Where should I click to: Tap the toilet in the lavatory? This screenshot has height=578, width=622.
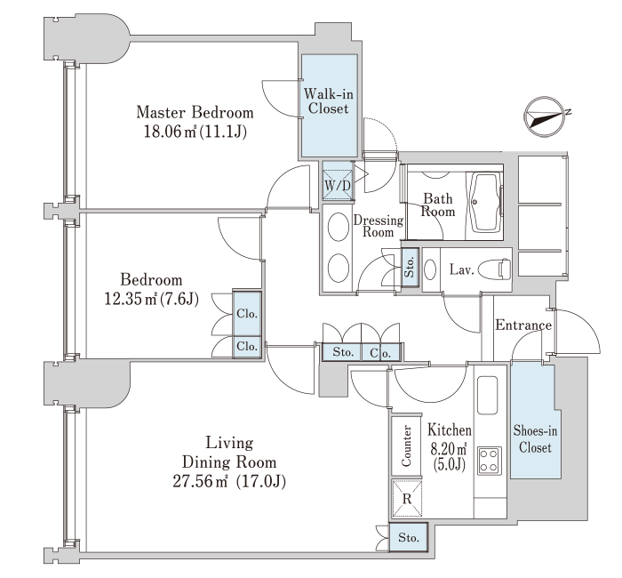(495, 269)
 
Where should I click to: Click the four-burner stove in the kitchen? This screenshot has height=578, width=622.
(489, 461)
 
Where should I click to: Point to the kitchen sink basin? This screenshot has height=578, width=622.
(488, 395)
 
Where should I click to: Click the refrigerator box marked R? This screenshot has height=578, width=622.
(407, 498)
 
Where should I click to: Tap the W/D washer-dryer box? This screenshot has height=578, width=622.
(338, 185)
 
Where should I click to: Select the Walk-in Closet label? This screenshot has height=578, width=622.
(329, 101)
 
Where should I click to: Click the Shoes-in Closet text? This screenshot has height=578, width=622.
(535, 438)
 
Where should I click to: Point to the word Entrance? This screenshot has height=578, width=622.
(523, 325)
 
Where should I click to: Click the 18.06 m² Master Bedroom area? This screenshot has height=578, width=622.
(195, 131)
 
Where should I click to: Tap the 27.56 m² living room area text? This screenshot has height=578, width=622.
(229, 481)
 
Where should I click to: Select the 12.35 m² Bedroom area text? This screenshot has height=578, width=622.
(151, 299)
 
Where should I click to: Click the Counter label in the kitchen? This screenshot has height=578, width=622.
(406, 446)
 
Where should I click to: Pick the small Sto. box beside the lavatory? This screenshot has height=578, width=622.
(410, 267)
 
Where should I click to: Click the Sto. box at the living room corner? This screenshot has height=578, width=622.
(409, 537)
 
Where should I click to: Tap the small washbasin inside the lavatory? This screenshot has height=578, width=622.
(430, 269)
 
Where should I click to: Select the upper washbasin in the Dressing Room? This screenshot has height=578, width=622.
(339, 227)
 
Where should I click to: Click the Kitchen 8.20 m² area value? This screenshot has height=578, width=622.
(449, 448)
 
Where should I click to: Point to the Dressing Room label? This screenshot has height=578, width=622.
(378, 226)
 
